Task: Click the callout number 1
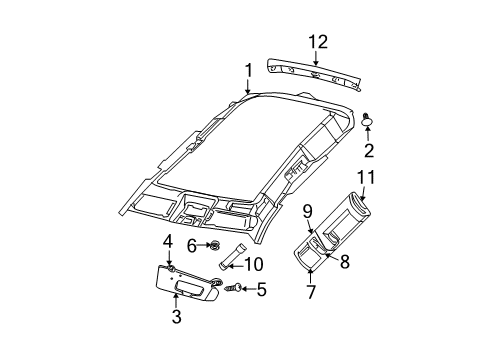click(x=247, y=71)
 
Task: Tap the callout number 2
click(x=368, y=151)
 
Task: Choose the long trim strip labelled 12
click(x=317, y=73)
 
